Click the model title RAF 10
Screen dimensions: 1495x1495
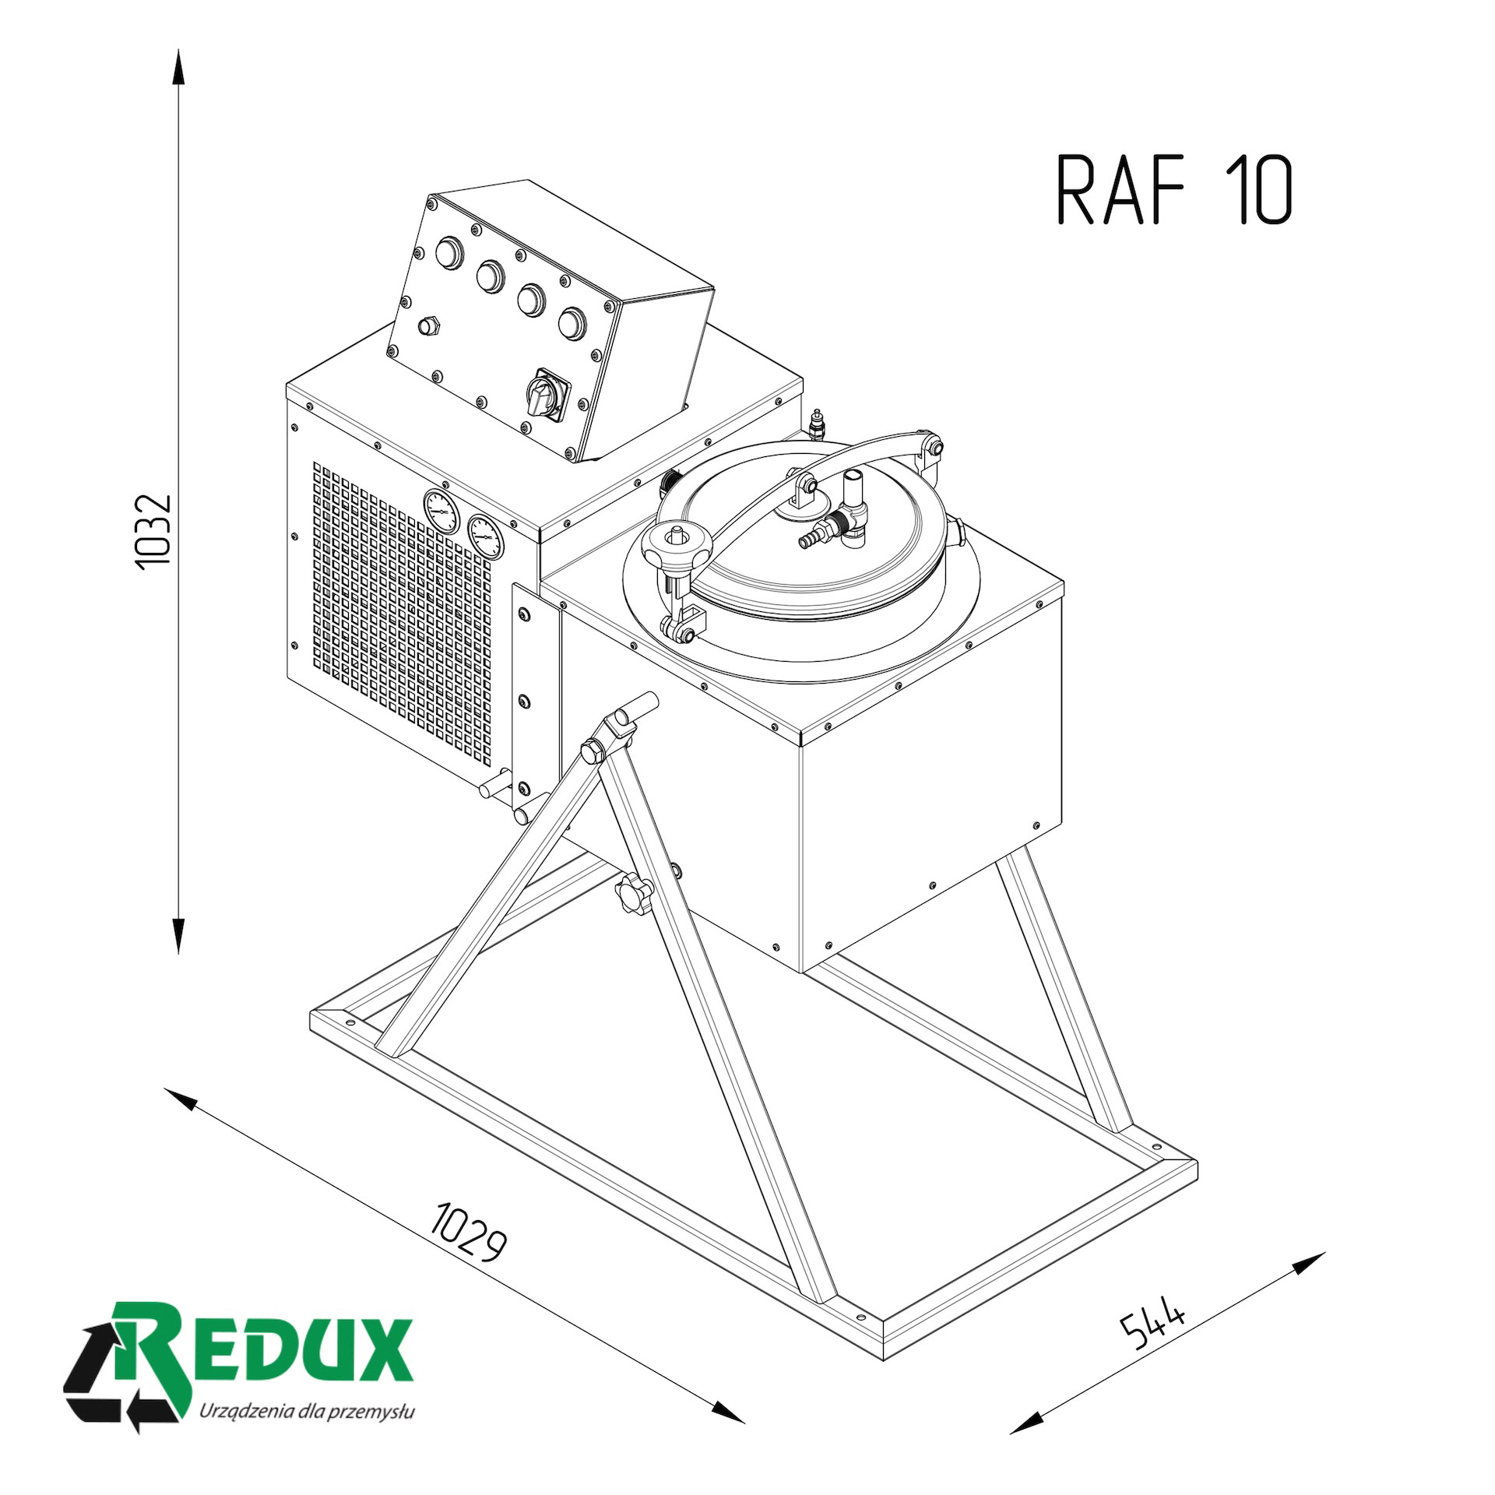tap(1174, 190)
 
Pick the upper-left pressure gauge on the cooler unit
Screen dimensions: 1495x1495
tap(441, 510)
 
